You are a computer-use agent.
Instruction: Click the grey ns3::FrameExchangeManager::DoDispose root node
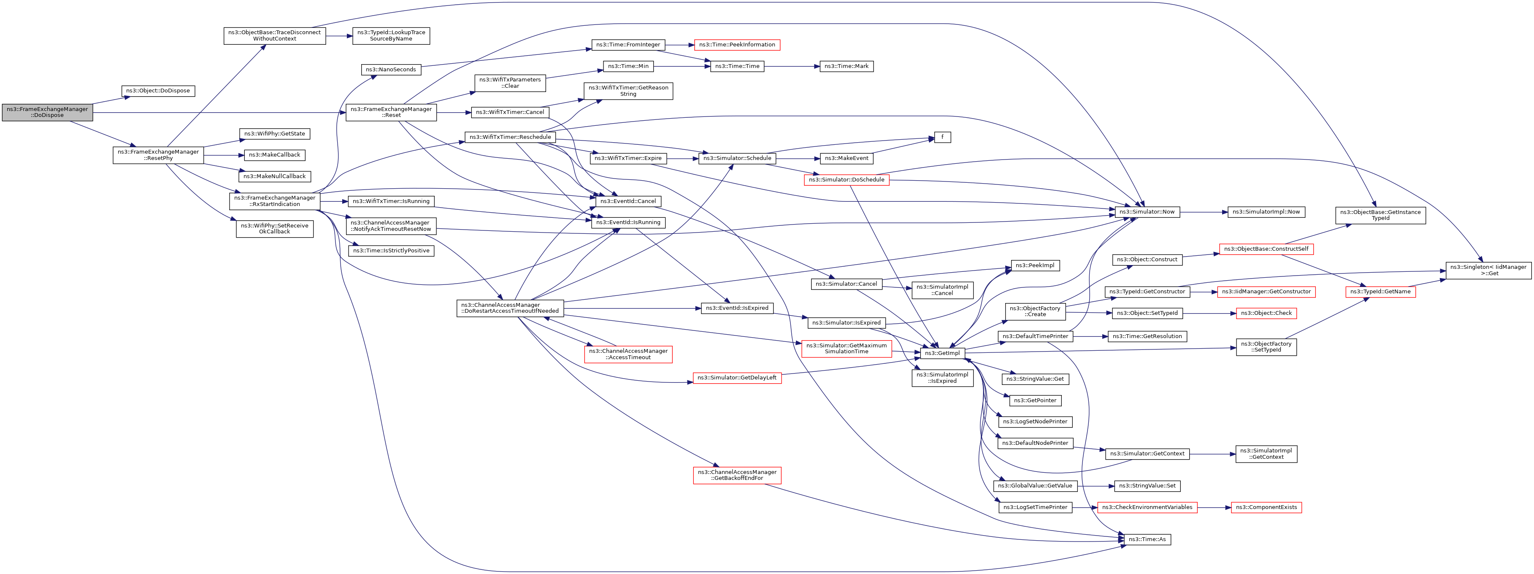47,112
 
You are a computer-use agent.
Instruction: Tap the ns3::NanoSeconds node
391,70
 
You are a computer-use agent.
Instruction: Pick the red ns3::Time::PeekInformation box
737,45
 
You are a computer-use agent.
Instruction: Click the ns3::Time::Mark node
846,66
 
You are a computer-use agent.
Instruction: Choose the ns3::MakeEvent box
846,158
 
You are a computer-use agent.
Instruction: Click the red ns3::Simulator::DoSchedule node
846,180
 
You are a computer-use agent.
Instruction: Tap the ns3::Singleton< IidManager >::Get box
1488,270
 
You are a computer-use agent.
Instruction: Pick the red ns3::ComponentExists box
1266,507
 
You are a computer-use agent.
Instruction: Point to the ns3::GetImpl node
942,353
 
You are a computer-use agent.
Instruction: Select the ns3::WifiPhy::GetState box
275,134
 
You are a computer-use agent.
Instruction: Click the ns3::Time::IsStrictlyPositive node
391,251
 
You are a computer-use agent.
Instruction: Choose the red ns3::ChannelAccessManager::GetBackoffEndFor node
737,475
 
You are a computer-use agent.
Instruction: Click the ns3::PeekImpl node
1035,265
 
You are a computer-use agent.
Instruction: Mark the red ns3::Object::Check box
1266,313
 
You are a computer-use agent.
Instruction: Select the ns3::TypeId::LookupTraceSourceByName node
391,36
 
